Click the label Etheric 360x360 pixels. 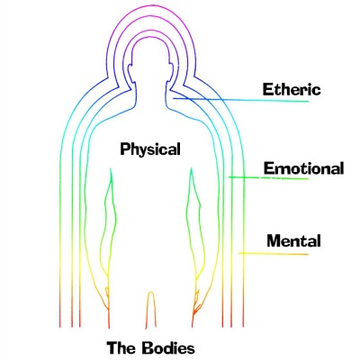point(292,89)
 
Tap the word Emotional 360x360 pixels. point(303,168)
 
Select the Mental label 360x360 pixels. point(293,240)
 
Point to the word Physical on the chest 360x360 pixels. point(150,149)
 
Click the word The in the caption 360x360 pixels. point(121,348)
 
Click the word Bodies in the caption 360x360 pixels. point(168,348)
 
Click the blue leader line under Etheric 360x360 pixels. point(240,100)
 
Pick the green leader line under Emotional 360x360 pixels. point(268,178)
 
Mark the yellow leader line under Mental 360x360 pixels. point(274,254)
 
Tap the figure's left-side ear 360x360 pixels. point(131,73)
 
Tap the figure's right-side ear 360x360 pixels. point(170,73)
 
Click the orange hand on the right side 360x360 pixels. point(196,303)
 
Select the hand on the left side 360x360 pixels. point(106,300)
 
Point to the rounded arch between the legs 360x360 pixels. point(151,309)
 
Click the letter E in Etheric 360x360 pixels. point(267,89)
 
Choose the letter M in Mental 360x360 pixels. point(274,241)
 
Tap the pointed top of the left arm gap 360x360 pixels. point(111,169)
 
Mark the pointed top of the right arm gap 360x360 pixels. point(191,168)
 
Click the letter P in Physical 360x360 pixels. point(124,149)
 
